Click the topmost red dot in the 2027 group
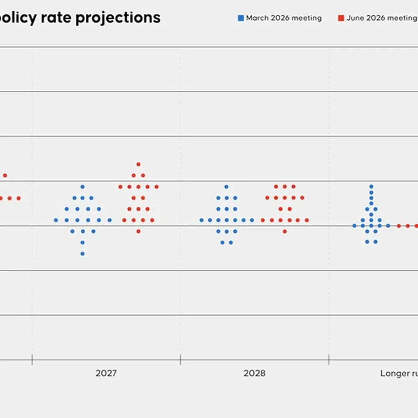point(138,164)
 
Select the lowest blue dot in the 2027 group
point(83,254)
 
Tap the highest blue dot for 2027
point(83,186)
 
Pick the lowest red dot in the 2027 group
point(138,232)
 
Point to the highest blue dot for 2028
point(227,186)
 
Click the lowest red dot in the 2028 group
point(285,232)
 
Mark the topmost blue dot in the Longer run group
point(371,186)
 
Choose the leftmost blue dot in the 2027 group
point(56,220)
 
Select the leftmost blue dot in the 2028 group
point(202,220)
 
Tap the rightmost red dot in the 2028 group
point(307,220)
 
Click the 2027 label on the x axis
point(106,373)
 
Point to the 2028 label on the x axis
point(254,373)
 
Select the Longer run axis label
point(399,373)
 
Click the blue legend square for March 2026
point(241,18)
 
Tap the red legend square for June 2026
point(341,18)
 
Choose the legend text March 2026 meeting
point(284,18)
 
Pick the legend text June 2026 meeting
point(382,18)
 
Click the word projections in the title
point(118,18)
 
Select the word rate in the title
point(56,18)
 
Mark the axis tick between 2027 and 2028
point(181,359)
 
